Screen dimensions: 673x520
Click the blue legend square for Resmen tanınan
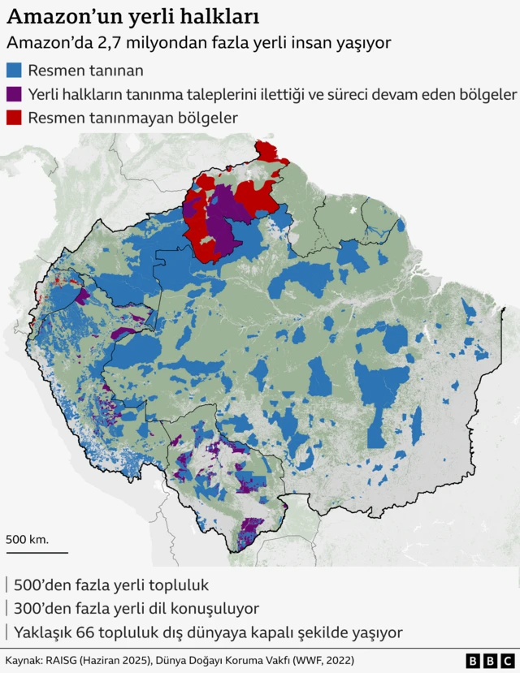(15, 72)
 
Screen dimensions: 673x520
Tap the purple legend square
(15, 95)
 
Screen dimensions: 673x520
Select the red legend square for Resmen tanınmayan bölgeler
(15, 118)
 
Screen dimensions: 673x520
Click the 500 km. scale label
(27, 539)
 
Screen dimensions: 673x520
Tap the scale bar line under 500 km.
(37, 552)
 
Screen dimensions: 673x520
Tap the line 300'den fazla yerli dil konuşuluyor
(136, 608)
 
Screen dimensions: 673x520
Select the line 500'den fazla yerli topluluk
(111, 585)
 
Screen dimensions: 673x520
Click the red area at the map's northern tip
(269, 152)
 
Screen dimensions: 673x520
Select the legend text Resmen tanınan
(85, 72)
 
